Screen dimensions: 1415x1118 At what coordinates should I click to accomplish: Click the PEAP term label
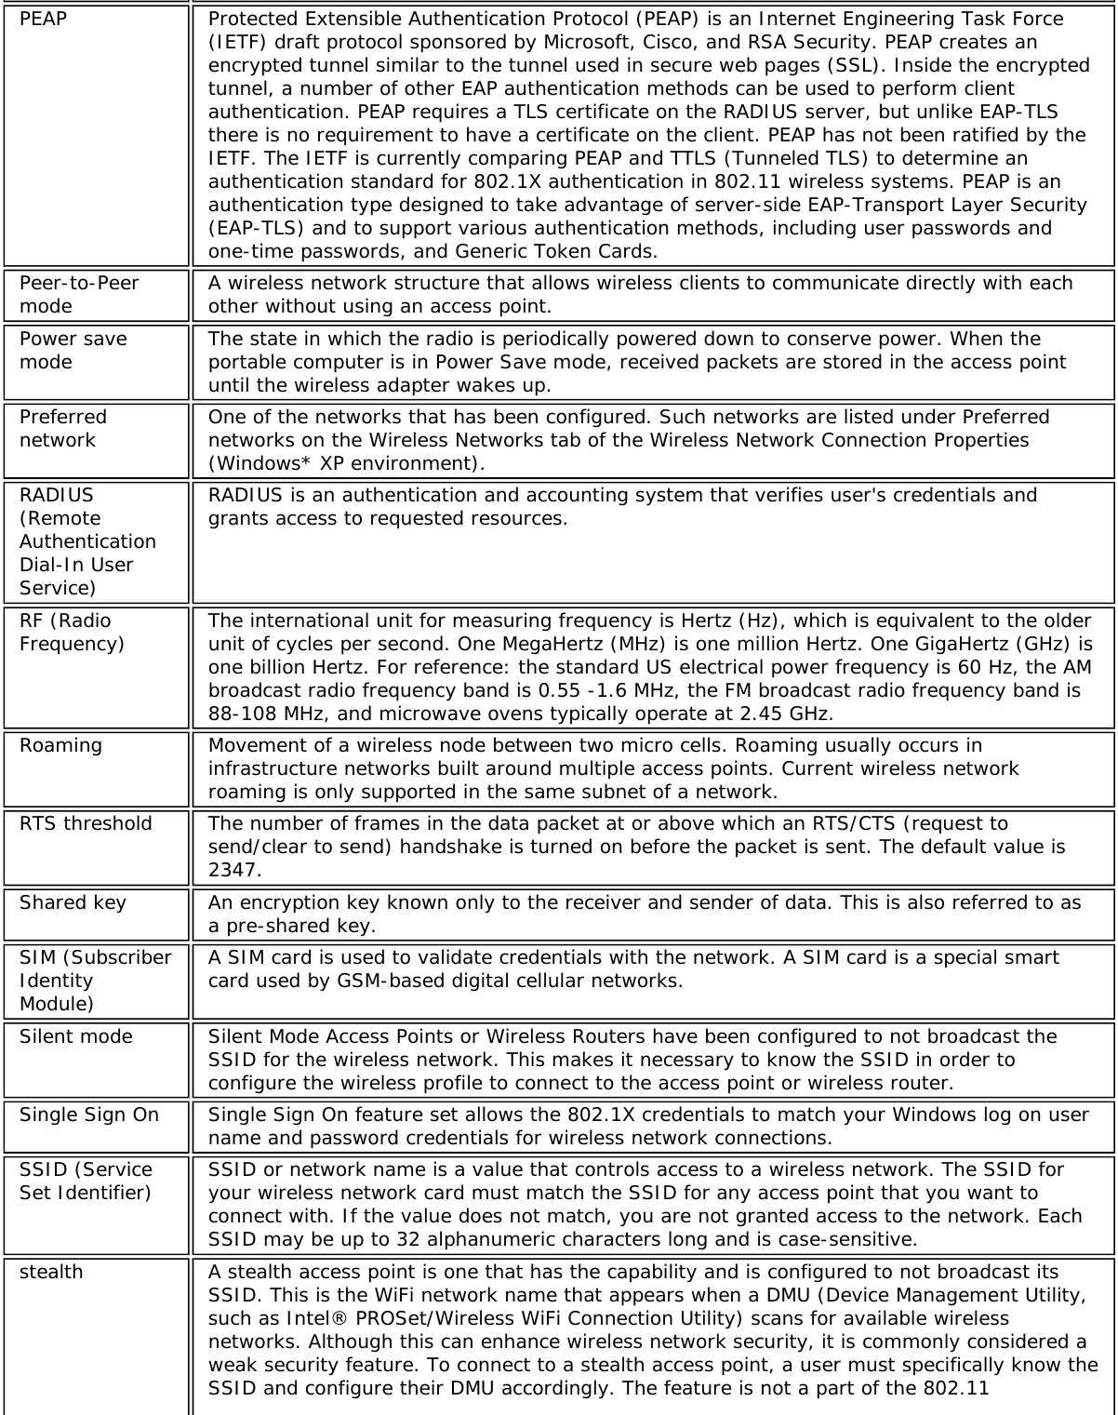tap(43, 19)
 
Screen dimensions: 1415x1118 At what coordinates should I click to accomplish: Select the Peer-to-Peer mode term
tap(79, 294)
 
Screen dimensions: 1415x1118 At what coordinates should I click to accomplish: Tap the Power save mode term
tap(73, 350)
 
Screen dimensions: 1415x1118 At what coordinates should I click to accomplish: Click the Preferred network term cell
tap(63, 428)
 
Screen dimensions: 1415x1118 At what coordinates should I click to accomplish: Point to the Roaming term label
tap(60, 745)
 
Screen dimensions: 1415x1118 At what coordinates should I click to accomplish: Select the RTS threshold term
tap(86, 823)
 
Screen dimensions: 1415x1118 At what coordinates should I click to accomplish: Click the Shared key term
tap(73, 902)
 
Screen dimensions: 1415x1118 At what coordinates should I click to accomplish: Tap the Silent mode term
tap(75, 1036)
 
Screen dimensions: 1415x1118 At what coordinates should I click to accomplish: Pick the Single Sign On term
tap(89, 1115)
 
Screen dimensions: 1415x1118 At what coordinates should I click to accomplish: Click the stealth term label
tap(51, 1272)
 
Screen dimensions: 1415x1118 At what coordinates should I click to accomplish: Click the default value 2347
tap(234, 870)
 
